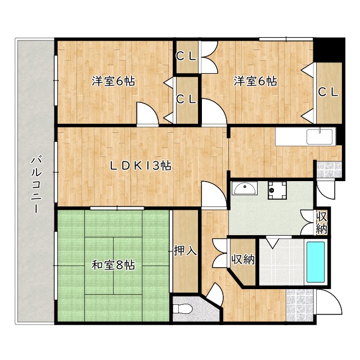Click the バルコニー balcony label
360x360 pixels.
(x=36, y=184)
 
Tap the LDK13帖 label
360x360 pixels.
(x=141, y=165)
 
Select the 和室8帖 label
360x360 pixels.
(x=113, y=265)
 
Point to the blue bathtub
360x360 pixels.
(x=316, y=262)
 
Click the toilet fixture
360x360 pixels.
(x=182, y=308)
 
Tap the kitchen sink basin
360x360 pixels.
(x=319, y=137)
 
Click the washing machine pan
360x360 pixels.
(x=277, y=190)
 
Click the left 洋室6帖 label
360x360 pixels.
(x=113, y=81)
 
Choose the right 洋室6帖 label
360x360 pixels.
(x=255, y=81)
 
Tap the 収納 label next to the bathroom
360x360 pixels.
(x=243, y=259)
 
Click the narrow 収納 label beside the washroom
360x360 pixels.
(x=321, y=222)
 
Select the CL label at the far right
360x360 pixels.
(x=328, y=92)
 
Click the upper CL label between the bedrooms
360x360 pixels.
(x=186, y=56)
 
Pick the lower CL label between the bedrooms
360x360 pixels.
(x=186, y=99)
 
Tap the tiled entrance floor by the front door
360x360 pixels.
(x=300, y=305)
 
